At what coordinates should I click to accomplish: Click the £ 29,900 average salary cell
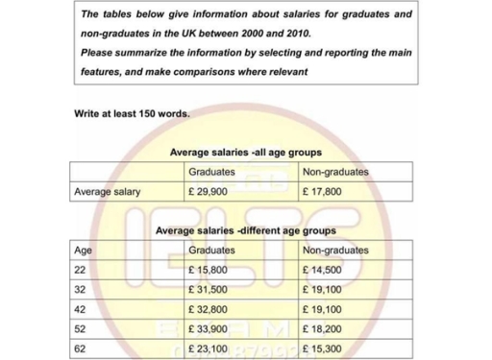pyautogui.click(x=209, y=191)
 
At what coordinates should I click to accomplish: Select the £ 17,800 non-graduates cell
pyautogui.click(x=322, y=191)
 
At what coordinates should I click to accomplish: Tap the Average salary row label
pyautogui.click(x=108, y=191)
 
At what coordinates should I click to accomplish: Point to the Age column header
pyautogui.click(x=84, y=250)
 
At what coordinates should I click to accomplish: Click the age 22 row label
pyautogui.click(x=80, y=270)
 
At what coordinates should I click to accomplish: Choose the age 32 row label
pyautogui.click(x=80, y=289)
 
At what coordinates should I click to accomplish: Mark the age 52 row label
pyautogui.click(x=80, y=328)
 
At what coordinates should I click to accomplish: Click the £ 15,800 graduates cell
pyautogui.click(x=209, y=270)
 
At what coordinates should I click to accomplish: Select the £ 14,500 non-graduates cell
pyautogui.click(x=322, y=270)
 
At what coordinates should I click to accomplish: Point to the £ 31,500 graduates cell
pyautogui.click(x=209, y=289)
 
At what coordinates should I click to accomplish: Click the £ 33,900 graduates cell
pyautogui.click(x=209, y=328)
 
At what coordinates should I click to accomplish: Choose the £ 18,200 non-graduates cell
pyautogui.click(x=322, y=328)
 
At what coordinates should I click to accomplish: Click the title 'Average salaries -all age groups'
pyautogui.click(x=245, y=153)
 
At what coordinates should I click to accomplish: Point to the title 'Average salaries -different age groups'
pyautogui.click(x=245, y=230)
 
